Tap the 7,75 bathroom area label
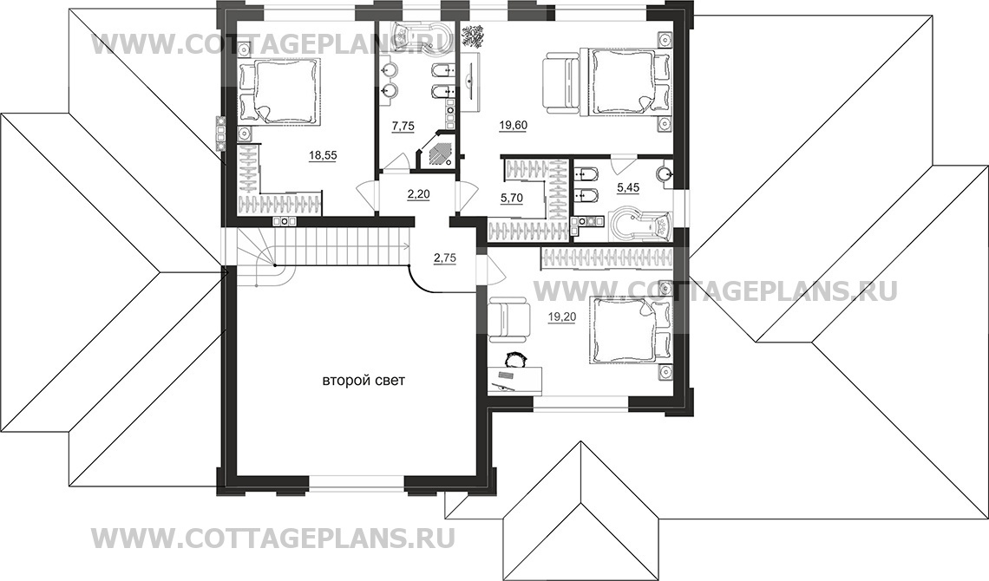(403, 126)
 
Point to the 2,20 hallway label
(418, 194)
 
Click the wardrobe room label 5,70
(512, 198)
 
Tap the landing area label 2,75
(444, 257)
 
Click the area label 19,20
(562, 317)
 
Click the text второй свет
(364, 381)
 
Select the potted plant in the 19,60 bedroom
(474, 36)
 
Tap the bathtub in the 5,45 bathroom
(639, 223)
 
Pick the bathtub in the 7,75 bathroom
(417, 34)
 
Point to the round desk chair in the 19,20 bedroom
(515, 358)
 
